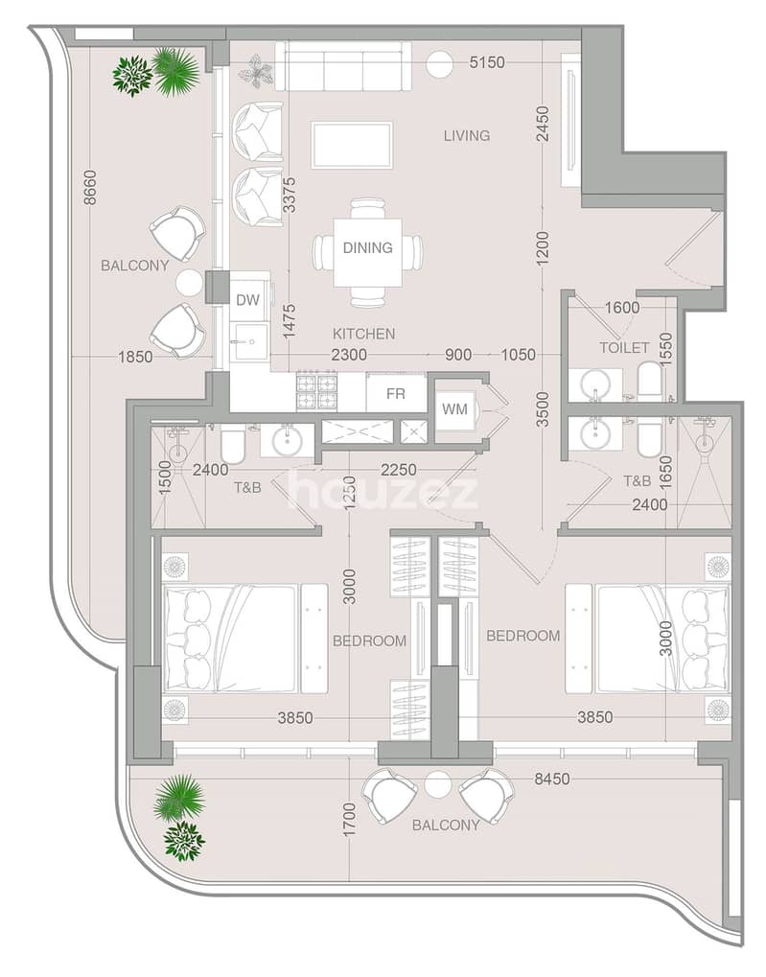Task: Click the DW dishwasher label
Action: click(x=247, y=300)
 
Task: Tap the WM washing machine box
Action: click(x=454, y=409)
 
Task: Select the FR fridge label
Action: click(x=396, y=394)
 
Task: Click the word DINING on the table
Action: click(x=368, y=247)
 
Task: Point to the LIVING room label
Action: click(x=467, y=135)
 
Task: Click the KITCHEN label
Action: click(x=364, y=334)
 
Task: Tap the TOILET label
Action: click(x=624, y=348)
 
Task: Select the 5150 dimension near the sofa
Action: click(x=487, y=62)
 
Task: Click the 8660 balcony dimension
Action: click(x=91, y=188)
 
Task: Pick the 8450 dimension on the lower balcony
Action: click(x=551, y=779)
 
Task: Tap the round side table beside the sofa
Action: click(x=441, y=62)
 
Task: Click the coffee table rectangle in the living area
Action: click(x=352, y=145)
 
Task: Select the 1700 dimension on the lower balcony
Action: click(x=349, y=820)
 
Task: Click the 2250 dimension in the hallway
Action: click(x=398, y=470)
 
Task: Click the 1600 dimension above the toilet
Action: click(x=622, y=307)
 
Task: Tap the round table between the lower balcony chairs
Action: click(x=438, y=784)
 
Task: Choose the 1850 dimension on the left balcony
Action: click(x=135, y=357)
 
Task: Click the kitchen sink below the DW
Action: click(x=250, y=342)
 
